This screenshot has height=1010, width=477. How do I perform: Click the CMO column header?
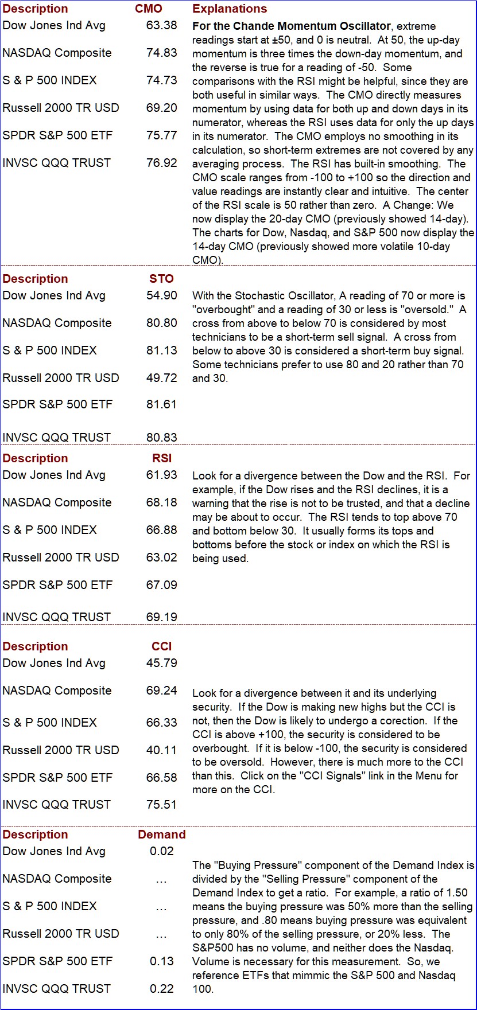(x=149, y=9)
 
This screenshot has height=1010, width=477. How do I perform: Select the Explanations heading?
(x=230, y=9)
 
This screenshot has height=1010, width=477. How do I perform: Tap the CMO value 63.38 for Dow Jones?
(x=162, y=25)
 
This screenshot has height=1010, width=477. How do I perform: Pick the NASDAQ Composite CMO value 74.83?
(x=162, y=53)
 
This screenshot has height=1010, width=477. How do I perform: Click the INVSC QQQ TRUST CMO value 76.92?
(x=162, y=163)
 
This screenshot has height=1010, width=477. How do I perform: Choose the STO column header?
(x=161, y=279)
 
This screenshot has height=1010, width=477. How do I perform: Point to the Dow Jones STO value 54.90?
(x=162, y=295)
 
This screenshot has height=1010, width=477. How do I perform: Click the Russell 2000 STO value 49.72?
(x=162, y=378)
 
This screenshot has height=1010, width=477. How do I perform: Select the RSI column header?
(x=162, y=458)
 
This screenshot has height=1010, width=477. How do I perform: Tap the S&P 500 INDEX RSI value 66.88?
(x=162, y=530)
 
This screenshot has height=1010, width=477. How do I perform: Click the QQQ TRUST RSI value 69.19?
(x=162, y=617)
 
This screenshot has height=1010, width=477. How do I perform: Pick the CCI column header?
(x=162, y=646)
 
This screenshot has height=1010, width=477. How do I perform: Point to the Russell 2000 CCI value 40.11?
(x=162, y=750)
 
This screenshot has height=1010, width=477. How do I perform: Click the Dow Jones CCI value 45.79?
(x=162, y=663)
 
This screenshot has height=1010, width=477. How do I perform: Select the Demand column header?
(x=162, y=834)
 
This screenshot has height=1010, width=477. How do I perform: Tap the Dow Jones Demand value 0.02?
(x=162, y=851)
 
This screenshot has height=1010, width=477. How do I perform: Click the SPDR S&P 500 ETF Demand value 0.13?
(x=162, y=961)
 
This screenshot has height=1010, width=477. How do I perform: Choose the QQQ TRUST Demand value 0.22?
(x=162, y=989)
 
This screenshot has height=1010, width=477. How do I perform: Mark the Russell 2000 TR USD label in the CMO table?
(x=61, y=108)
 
